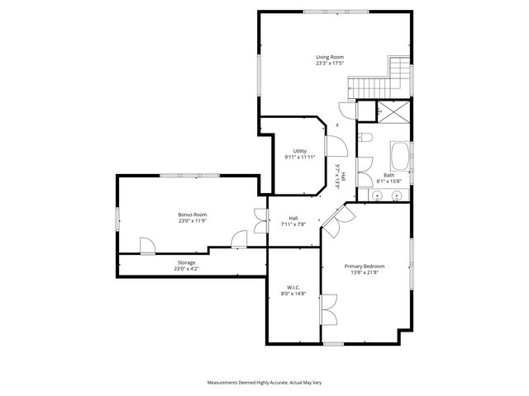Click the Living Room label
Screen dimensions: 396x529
tap(329, 56)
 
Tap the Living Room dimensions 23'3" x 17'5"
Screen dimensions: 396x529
tap(329, 63)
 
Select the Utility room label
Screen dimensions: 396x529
tap(299, 151)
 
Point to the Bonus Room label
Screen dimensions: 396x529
tap(192, 214)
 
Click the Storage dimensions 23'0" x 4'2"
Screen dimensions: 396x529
tap(186, 269)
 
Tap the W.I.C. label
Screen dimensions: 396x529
tap(293, 287)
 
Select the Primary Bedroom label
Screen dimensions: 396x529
tap(365, 266)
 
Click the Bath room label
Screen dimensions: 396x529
tap(388, 175)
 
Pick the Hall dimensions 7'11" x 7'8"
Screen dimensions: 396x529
tap(293, 224)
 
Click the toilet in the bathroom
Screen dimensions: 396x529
tap(366, 137)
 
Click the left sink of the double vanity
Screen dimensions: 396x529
tap(376, 196)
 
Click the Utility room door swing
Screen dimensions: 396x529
tap(336, 145)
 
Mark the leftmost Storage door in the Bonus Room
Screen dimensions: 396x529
tap(147, 246)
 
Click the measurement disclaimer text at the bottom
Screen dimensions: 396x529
tap(264, 383)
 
